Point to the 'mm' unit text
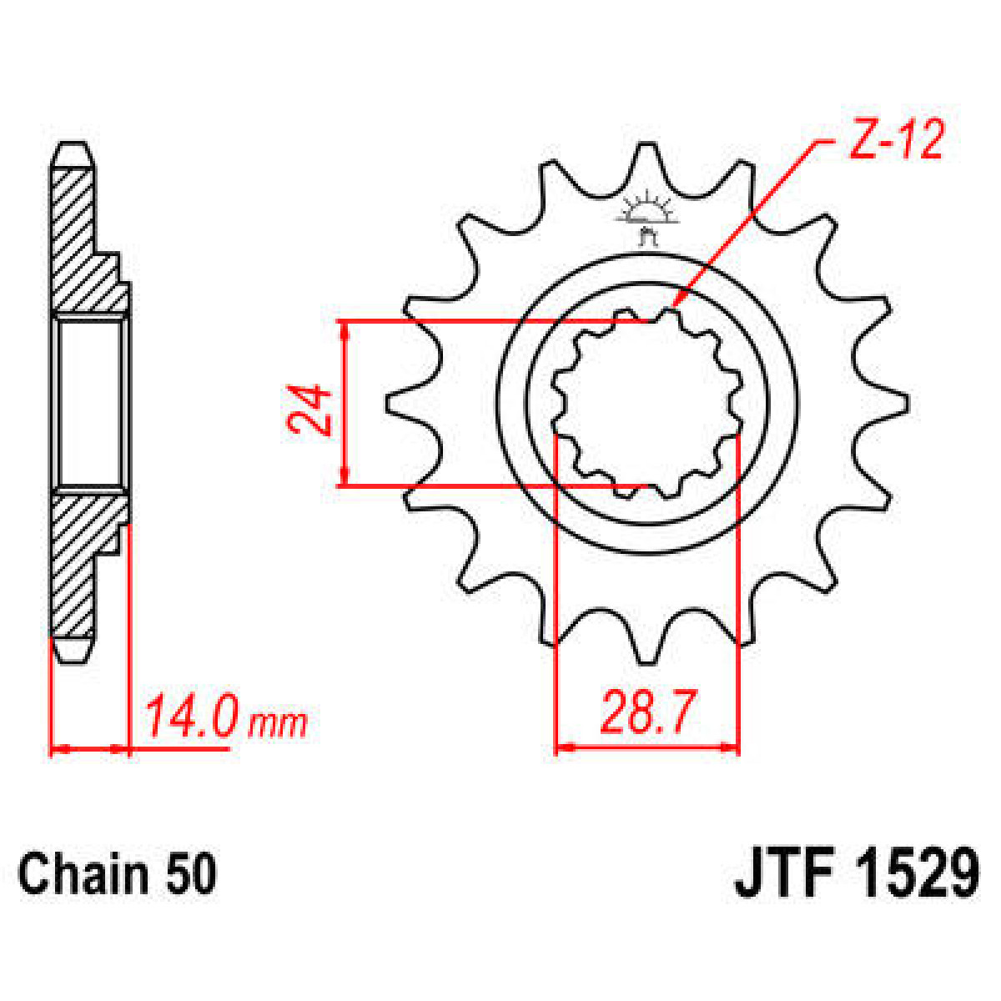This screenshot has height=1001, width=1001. tap(278, 723)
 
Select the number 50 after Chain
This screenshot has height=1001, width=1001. tap(190, 874)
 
